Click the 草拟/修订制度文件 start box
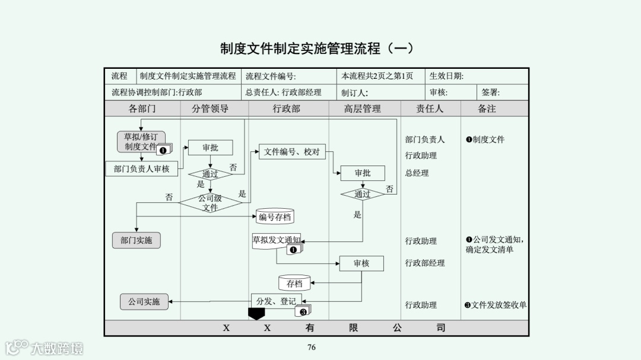pyautogui.click(x=141, y=142)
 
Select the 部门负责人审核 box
pyautogui.click(x=141, y=169)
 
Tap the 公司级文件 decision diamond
pyautogui.click(x=210, y=203)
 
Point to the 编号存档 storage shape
pyautogui.click(x=275, y=217)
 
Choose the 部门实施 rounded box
pyautogui.click(x=136, y=240)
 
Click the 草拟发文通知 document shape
pyautogui.click(x=276, y=241)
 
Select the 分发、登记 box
pyautogui.click(x=276, y=301)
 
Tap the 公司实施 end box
pyautogui.click(x=144, y=301)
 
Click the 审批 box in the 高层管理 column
pyautogui.click(x=362, y=173)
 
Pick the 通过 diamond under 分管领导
pyautogui.click(x=210, y=174)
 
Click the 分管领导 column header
pyautogui.click(x=210, y=109)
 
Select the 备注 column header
pyautogui.click(x=487, y=109)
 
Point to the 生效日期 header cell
pyautogui.click(x=446, y=76)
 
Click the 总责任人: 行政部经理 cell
pyautogui.click(x=283, y=93)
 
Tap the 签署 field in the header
pyautogui.click(x=491, y=93)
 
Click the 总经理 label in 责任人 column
pyautogui.click(x=417, y=173)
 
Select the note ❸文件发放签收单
pyautogui.click(x=496, y=305)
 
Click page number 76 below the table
pyautogui.click(x=312, y=348)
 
